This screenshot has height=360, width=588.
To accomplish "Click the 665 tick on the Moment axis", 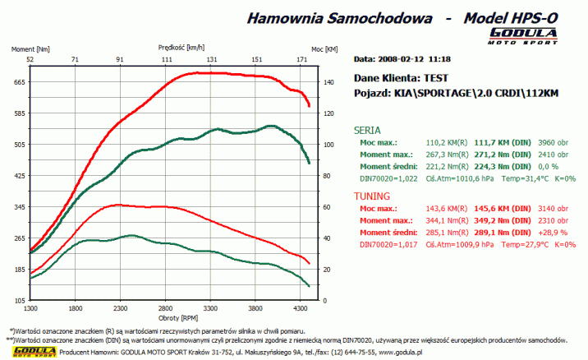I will (19, 81).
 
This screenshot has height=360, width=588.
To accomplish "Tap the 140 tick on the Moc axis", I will (328, 81).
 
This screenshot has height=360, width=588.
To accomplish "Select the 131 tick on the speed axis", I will (212, 59).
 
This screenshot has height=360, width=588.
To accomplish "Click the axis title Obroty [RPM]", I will (168, 317).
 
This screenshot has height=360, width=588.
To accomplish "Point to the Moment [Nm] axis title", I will (30, 49).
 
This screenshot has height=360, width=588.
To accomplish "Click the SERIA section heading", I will (367, 130).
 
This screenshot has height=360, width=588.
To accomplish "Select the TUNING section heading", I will (372, 197).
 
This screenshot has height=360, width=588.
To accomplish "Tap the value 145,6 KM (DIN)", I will (492, 210).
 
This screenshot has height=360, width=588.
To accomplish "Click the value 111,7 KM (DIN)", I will (492, 142).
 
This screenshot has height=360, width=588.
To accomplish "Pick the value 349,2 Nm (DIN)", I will (492, 221).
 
